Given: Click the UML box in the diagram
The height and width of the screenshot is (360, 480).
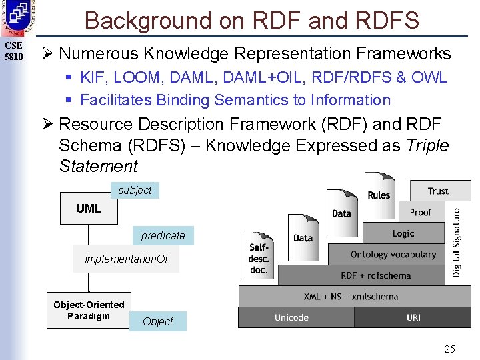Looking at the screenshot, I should click(89, 208).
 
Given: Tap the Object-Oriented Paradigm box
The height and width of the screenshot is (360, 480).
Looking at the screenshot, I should click(89, 310).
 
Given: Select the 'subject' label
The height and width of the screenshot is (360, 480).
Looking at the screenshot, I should click(135, 190).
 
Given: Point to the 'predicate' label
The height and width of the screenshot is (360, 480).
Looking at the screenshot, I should click(163, 235).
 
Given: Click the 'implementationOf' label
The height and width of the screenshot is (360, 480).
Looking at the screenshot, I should click(127, 259).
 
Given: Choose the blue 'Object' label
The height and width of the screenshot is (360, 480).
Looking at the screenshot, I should click(158, 321).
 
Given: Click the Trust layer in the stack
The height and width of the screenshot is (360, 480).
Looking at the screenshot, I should click(438, 191).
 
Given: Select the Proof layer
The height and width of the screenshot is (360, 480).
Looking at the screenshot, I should click(421, 212).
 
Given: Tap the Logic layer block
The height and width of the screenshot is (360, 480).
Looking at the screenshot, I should click(403, 233).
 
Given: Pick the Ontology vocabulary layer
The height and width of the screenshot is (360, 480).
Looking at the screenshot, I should click(393, 255).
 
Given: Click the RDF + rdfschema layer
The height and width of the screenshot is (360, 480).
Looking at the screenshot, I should click(375, 275).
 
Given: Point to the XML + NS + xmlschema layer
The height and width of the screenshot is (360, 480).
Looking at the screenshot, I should click(351, 296).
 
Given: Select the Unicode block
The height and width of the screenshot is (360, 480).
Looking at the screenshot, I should click(292, 317).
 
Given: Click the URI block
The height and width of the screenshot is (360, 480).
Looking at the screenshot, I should click(413, 317).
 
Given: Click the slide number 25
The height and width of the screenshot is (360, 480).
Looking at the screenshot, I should click(450, 349).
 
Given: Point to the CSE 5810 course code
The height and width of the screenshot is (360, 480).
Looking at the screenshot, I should click(13, 51).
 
